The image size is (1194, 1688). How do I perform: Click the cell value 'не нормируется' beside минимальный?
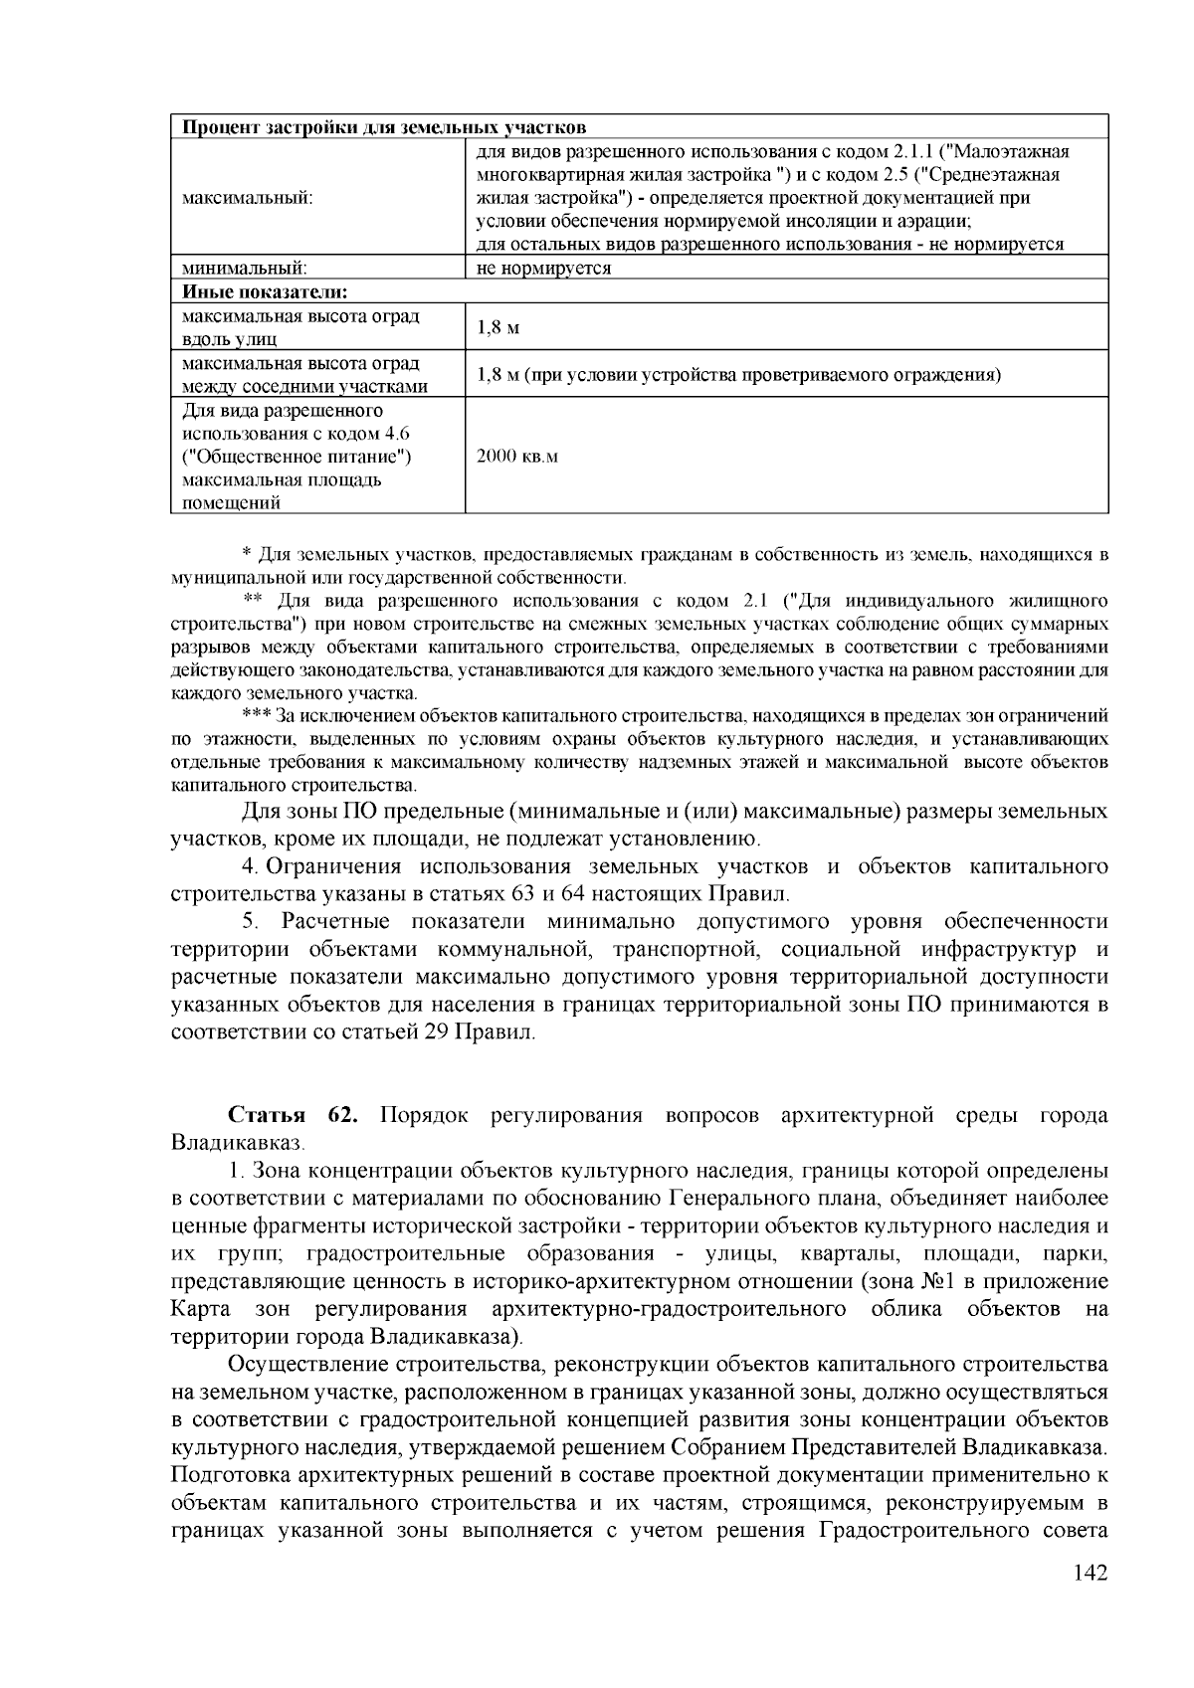543,268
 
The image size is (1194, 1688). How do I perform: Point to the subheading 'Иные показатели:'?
265,291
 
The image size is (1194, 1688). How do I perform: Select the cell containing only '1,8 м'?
498,327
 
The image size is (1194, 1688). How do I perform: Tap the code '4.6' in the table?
395,434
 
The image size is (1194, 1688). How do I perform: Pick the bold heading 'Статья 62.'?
293,1115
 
